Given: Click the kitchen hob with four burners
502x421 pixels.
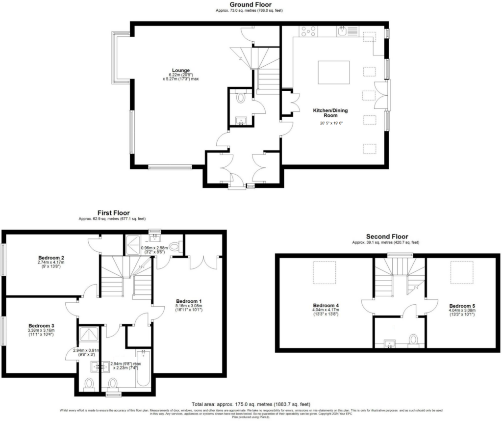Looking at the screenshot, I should coord(308,31).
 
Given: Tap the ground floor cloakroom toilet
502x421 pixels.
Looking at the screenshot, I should coord(240,98).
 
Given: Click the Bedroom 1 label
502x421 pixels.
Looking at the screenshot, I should coord(189,301).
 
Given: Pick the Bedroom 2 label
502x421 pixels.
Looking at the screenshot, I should coord(51,258).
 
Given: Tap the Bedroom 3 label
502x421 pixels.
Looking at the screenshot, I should coord(41,325).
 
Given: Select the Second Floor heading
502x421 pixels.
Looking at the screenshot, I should coord(386,237).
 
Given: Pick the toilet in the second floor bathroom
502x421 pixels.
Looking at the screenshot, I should coord(413,340).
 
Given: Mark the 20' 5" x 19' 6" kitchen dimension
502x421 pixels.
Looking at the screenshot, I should coord(328,123).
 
